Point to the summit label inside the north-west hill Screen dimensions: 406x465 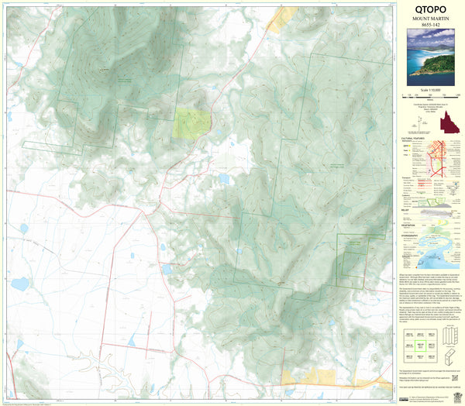tap(103, 71)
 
